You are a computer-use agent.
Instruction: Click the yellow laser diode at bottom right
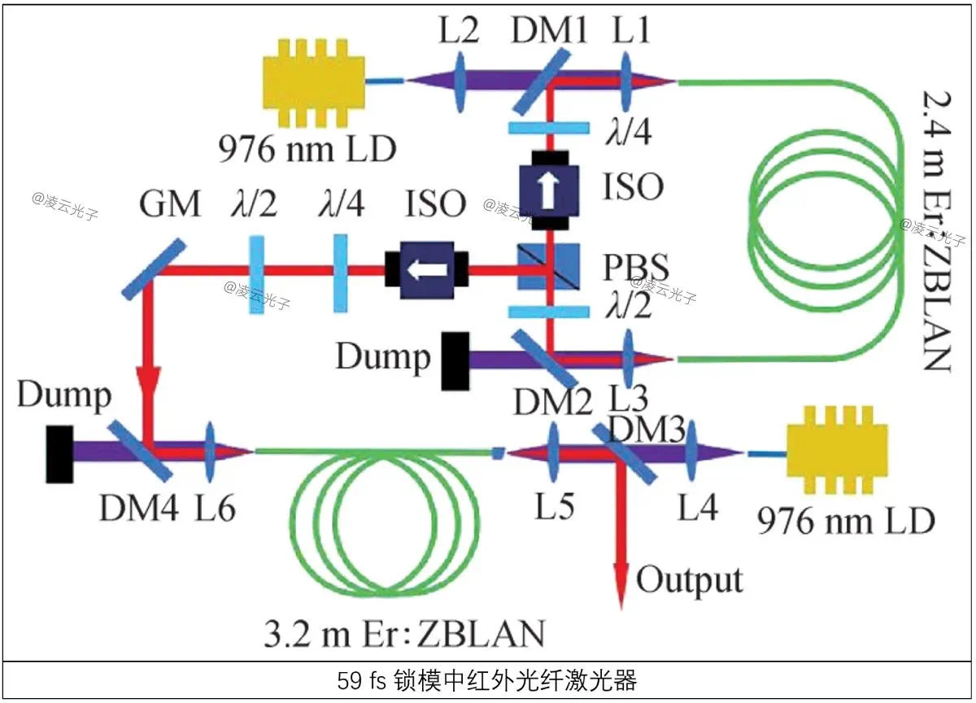click(837, 453)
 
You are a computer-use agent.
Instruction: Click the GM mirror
click(154, 267)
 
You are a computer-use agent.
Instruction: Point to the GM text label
click(169, 204)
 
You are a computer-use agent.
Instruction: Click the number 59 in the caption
click(350, 679)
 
